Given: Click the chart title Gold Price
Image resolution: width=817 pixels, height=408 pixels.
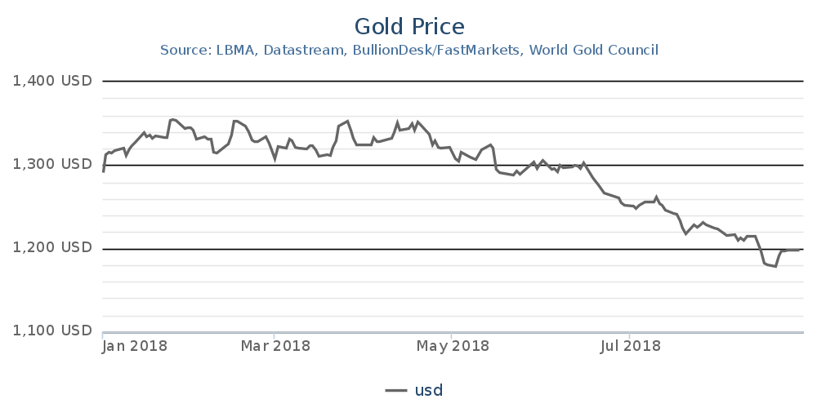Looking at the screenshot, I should point(409,26).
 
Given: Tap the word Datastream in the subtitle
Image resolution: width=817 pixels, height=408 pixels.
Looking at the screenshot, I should point(305,51).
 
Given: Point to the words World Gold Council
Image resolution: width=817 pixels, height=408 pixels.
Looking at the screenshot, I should point(594,51).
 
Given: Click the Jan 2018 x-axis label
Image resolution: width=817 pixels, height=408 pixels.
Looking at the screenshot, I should point(135,346).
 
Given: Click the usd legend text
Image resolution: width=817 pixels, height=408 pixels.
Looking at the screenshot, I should point(428,390).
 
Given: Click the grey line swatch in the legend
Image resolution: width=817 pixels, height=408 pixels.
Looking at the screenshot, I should point(396,390).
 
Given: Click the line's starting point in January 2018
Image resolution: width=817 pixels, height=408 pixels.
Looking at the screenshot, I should point(103,171).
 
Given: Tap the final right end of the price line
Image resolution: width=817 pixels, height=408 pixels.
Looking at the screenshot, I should point(798,250).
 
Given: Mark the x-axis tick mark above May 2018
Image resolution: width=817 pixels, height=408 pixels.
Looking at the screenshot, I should point(452,335).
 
